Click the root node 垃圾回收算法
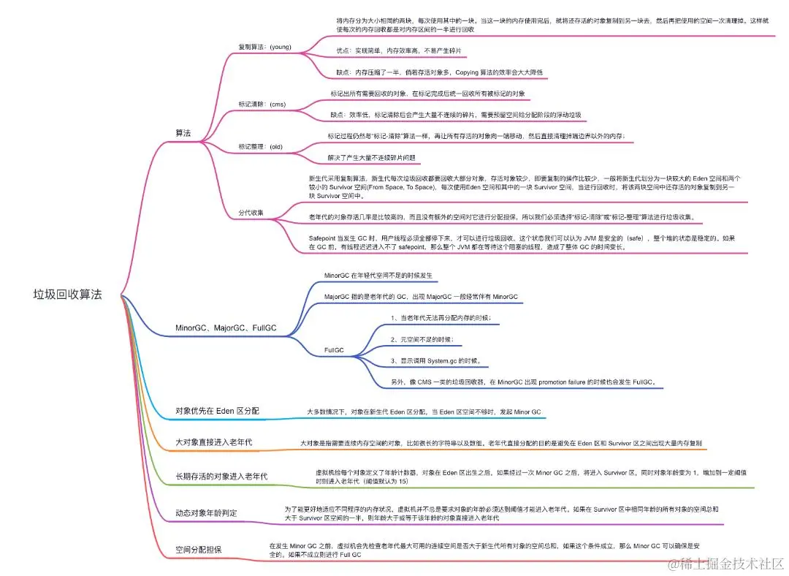pyautogui.click(x=67, y=295)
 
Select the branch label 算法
pyautogui.click(x=183, y=134)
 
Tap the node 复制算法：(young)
pyautogui.click(x=264, y=47)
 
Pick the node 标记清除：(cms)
pyautogui.click(x=262, y=105)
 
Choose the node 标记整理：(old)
pyautogui.click(x=260, y=147)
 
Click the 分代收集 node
pyautogui.click(x=251, y=213)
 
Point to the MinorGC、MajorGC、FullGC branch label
pyautogui.click(x=226, y=328)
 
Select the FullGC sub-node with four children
pyautogui.click(x=334, y=351)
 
